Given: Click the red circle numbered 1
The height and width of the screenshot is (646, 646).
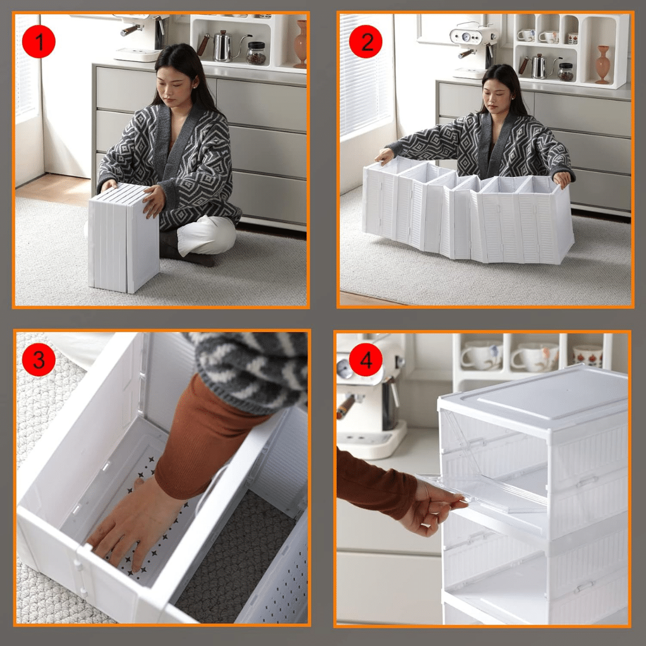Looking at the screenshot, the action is pyautogui.click(x=39, y=41).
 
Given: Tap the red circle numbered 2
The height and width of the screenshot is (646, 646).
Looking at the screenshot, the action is pyautogui.click(x=365, y=42).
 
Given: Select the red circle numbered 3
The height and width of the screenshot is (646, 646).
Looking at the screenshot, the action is pyautogui.click(x=39, y=359).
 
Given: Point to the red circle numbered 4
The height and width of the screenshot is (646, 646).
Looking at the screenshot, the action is pyautogui.click(x=365, y=359).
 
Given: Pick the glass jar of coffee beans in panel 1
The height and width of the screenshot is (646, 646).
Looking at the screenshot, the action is pyautogui.click(x=256, y=54).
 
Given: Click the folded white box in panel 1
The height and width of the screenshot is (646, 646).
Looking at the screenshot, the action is pyautogui.click(x=123, y=238).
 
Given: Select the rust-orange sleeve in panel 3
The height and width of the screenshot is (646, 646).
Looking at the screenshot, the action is pyautogui.click(x=206, y=441).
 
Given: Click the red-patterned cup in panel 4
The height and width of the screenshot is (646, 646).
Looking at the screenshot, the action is pyautogui.click(x=587, y=356).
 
